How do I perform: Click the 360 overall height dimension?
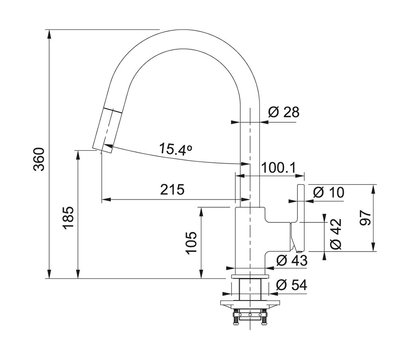[39, 159]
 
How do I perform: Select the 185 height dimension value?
[68, 218]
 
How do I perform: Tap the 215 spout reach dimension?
[172, 190]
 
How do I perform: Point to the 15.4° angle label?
[175, 148]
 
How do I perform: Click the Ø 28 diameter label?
[284, 112]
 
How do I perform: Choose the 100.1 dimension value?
[278, 168]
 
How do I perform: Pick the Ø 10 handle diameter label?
[329, 192]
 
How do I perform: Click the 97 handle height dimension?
[366, 218]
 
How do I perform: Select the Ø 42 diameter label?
[336, 234]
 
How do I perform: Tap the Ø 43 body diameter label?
[292, 260]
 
